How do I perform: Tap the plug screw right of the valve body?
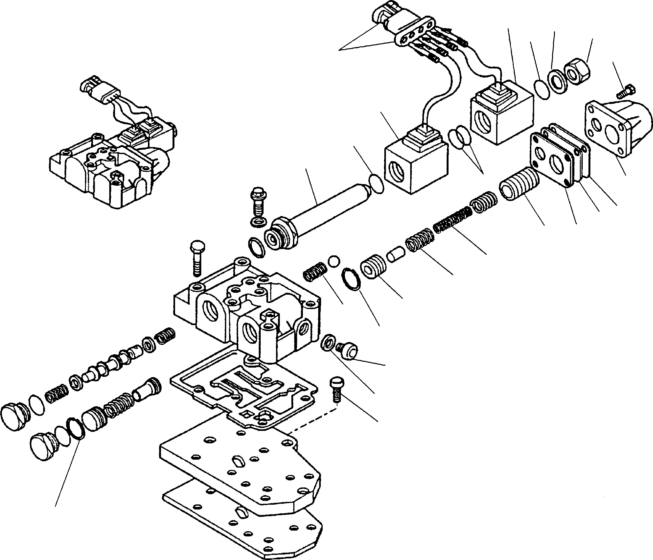[348, 350]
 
